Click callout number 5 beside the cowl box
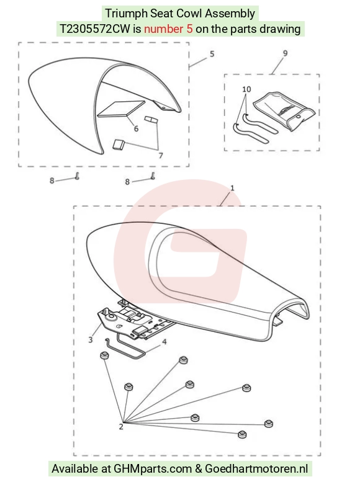click(x=212, y=54)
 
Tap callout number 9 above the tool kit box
click(x=286, y=53)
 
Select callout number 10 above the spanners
click(x=246, y=89)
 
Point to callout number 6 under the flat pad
click(x=136, y=128)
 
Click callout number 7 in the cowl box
click(x=161, y=156)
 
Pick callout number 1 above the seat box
click(x=232, y=187)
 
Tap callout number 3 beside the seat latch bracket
click(x=90, y=340)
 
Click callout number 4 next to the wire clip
click(x=164, y=342)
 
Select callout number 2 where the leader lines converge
click(x=121, y=427)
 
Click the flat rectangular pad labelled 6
click(x=121, y=109)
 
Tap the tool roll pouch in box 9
click(x=284, y=111)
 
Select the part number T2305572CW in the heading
click(x=95, y=29)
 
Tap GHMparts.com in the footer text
click(x=153, y=469)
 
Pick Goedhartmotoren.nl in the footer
click(x=256, y=469)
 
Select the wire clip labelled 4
click(x=125, y=348)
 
